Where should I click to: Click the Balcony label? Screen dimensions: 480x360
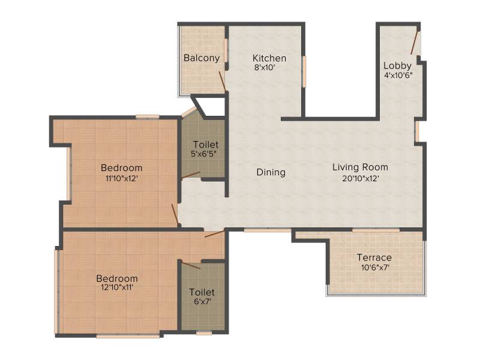click(202, 58)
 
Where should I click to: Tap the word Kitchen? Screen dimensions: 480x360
click(269, 58)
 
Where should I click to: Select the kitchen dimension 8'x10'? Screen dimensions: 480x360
click(265, 68)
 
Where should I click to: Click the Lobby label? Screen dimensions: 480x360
click(397, 66)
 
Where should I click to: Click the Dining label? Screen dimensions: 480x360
click(271, 173)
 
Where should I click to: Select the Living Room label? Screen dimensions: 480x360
click(361, 167)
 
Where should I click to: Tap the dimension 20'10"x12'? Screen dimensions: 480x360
click(361, 178)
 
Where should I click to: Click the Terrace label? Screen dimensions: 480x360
click(374, 257)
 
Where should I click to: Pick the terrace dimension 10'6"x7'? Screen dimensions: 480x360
click(375, 268)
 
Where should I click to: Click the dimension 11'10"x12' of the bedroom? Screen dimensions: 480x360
click(122, 178)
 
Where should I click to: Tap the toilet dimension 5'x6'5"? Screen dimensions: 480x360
click(203, 154)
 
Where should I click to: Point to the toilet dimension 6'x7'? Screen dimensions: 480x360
click(202, 302)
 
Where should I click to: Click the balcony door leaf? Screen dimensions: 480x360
click(222, 81)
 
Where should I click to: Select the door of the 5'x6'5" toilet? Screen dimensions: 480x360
click(191, 175)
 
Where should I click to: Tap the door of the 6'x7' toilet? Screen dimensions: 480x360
click(191, 266)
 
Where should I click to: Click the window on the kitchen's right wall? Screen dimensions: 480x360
click(304, 72)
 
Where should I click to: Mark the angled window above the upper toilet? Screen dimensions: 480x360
click(189, 112)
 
